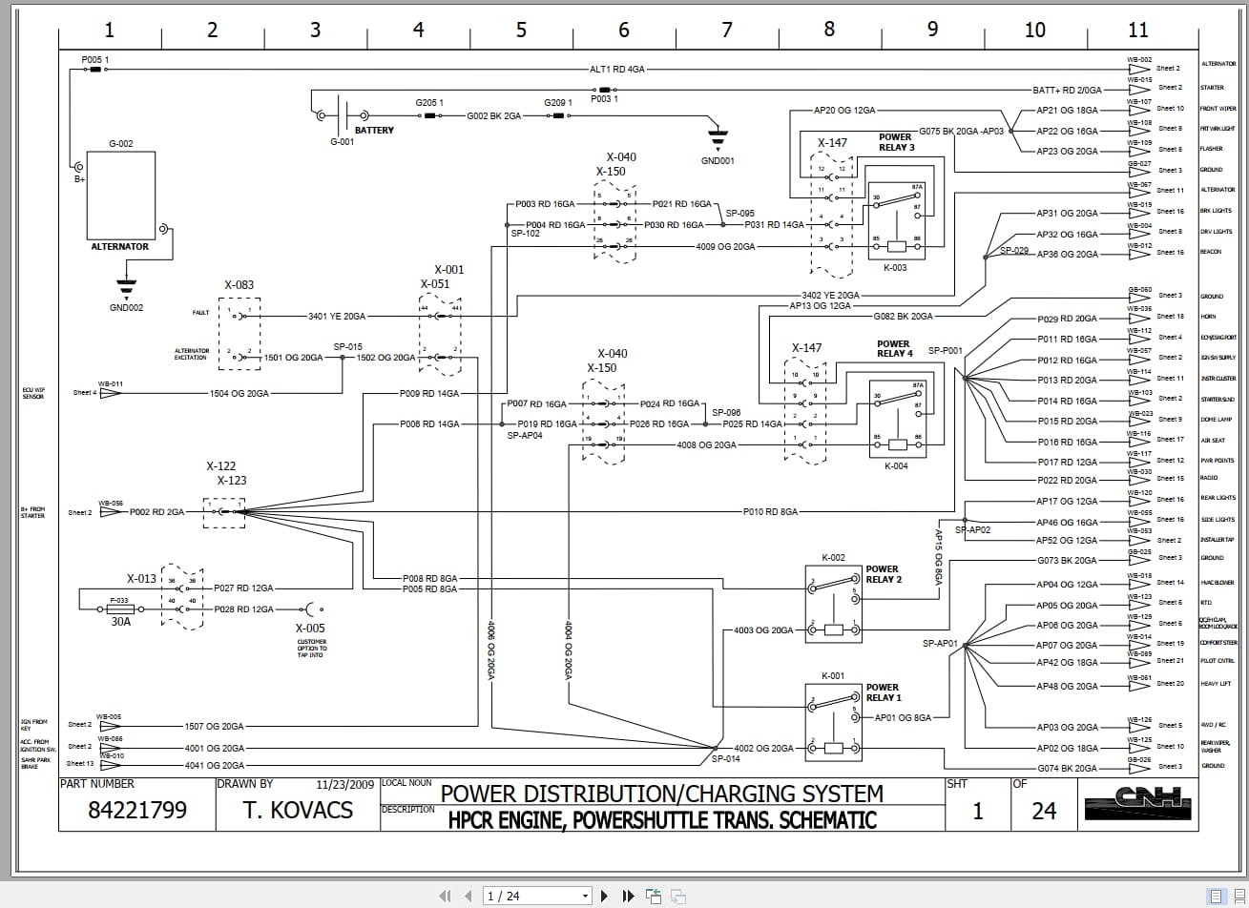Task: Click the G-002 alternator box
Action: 120,196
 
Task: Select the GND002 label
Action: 126,308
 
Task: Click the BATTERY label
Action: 374,131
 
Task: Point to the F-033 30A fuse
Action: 119,608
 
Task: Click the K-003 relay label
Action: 895,268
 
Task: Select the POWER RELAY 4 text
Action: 894,349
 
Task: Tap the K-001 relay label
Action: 833,675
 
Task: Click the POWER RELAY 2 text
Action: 882,574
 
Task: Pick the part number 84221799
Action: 136,811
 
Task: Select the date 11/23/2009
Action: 346,785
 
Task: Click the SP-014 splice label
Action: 725,759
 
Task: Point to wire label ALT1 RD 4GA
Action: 618,70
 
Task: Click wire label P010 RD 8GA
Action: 771,512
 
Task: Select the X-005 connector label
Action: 310,629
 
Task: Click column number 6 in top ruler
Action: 624,31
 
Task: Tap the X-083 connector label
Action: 239,284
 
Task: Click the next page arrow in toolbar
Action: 604,896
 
